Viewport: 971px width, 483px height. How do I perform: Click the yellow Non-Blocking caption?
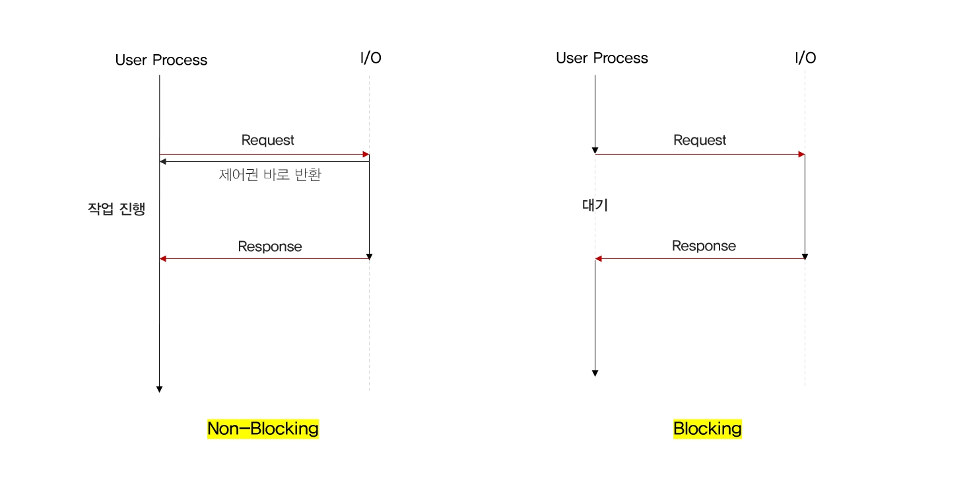point(263,429)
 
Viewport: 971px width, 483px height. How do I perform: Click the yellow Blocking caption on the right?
point(707,429)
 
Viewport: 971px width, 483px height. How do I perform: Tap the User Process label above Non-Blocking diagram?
point(161,60)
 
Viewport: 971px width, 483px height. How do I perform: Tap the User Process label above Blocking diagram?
point(602,58)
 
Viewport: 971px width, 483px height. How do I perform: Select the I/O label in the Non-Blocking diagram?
point(370,58)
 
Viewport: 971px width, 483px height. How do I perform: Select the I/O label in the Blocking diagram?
point(805,58)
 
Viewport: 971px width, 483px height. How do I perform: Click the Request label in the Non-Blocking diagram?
point(268,140)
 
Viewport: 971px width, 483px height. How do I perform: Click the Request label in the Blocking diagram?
point(700,140)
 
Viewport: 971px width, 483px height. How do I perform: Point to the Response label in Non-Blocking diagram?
point(270,246)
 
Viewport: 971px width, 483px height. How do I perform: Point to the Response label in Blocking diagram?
point(704,246)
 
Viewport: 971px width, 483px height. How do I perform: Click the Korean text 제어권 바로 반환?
point(269,175)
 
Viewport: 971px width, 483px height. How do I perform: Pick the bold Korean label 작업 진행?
point(116,209)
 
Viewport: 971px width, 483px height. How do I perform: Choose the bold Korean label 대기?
point(595,205)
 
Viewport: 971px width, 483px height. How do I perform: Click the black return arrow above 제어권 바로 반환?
point(264,161)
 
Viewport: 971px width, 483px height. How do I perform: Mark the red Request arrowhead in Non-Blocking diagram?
point(366,155)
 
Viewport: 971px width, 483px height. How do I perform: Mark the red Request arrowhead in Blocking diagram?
point(801,155)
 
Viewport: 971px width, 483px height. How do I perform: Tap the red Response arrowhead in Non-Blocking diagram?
point(163,258)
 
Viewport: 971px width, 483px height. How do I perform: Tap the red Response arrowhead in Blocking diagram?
point(599,258)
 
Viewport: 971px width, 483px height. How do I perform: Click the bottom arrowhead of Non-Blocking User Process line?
point(159,389)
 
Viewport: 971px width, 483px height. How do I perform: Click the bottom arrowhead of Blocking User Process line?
point(595,373)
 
